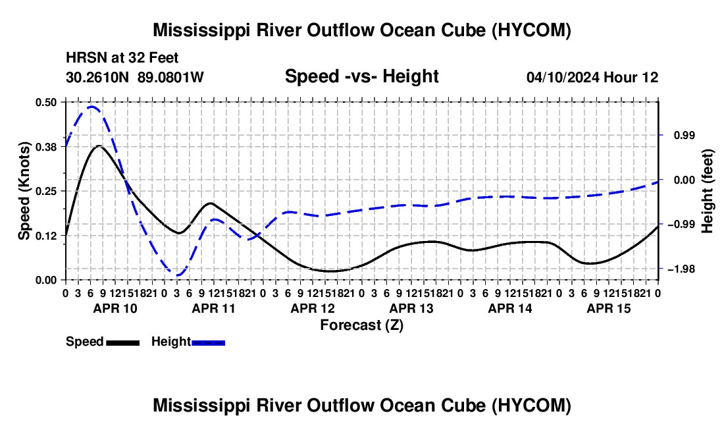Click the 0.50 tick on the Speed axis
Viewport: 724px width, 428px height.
coord(46,102)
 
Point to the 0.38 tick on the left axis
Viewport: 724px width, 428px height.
coord(46,147)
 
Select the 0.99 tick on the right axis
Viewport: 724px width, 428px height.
coord(685,135)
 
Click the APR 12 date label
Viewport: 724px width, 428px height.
coord(313,308)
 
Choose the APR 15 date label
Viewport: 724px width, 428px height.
coord(609,308)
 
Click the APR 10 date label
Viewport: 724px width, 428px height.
coord(115,308)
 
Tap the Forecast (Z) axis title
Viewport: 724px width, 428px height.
coord(361,325)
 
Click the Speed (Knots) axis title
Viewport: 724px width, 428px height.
coord(24,191)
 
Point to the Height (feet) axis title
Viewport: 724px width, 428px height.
coord(707,191)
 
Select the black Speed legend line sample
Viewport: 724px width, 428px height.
coord(123,342)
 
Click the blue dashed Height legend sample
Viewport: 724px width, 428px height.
coord(208,342)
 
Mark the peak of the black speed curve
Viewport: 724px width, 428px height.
coord(99,146)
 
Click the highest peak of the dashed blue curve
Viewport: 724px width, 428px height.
coord(91,107)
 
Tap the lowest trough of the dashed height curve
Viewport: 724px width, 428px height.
coord(178,275)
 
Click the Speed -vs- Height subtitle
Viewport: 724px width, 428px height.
coord(361,76)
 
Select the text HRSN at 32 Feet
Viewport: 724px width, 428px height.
coord(122,58)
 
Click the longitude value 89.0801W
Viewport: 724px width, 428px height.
coord(170,77)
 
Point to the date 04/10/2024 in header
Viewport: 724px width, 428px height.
coord(563,77)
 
